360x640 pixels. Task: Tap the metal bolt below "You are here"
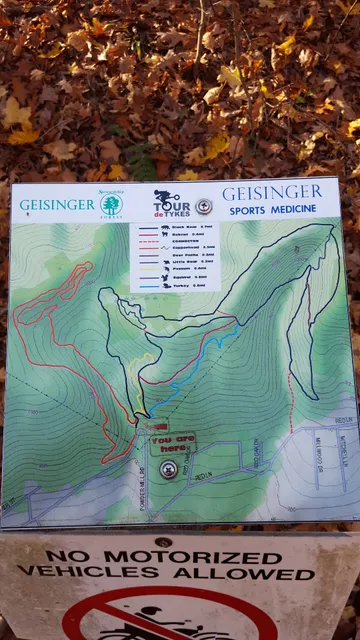tap(169, 469)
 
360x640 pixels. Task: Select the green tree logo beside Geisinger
tap(110, 205)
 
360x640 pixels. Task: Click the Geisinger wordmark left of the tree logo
tap(57, 205)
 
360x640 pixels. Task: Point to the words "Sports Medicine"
tap(272, 210)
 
